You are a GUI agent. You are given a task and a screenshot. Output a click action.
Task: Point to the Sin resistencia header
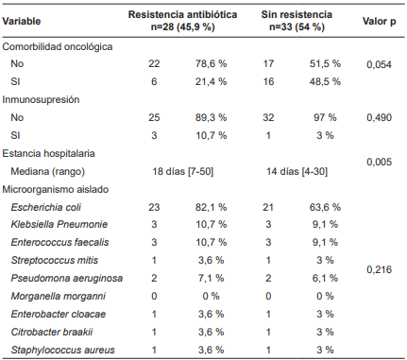(x=297, y=14)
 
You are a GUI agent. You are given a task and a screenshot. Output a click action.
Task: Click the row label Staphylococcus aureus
(x=62, y=351)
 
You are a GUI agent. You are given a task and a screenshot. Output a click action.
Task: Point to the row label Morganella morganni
(x=60, y=297)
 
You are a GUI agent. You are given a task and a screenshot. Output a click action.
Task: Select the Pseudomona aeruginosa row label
(x=65, y=279)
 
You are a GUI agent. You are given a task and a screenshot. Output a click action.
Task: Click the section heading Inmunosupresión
(x=41, y=99)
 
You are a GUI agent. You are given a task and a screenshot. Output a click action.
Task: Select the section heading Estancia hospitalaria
(x=52, y=153)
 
